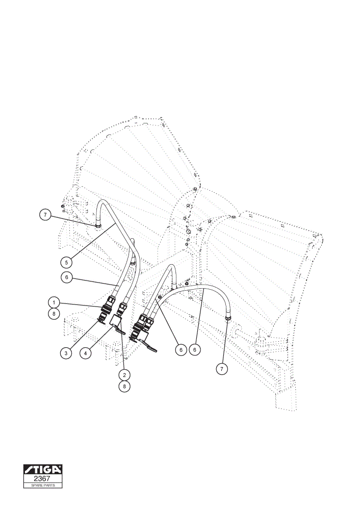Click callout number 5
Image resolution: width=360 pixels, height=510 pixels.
[x=66, y=262]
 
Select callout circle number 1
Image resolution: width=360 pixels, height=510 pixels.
[x=54, y=302]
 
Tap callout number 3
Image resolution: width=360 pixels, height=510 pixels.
[x=66, y=353]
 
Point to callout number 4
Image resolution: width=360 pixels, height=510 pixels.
[x=86, y=353]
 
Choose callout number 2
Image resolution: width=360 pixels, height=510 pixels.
[x=124, y=375]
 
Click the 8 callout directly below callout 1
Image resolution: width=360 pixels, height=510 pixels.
[x=54, y=314]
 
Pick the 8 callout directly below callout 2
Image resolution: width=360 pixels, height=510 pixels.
[x=124, y=387]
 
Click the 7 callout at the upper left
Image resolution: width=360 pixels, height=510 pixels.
[x=45, y=215]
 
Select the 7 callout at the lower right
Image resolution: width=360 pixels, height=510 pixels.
[x=222, y=369]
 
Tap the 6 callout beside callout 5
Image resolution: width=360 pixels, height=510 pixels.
[x=67, y=277]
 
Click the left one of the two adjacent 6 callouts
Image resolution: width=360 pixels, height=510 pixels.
[x=181, y=350]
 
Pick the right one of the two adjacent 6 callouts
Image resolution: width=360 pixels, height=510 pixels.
[x=195, y=350]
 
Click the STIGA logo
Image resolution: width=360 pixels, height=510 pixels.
[x=43, y=470]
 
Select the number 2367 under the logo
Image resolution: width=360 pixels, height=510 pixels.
[x=42, y=478]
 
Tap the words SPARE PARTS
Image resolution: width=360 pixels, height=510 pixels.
[x=43, y=486]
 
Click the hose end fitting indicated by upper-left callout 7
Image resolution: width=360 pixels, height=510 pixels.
[x=98, y=226]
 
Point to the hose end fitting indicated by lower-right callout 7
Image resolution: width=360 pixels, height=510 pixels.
[x=227, y=317]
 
